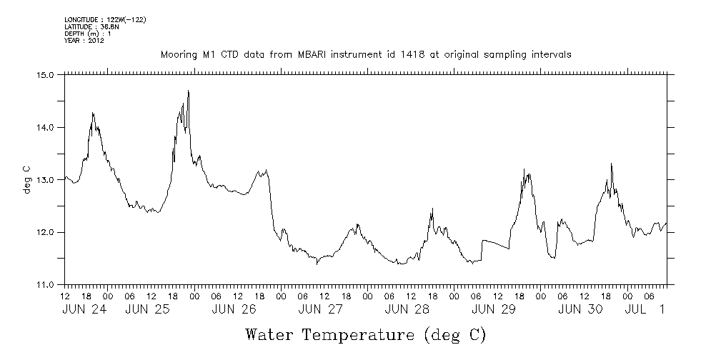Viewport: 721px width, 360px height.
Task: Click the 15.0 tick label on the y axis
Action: pyautogui.click(x=46, y=74)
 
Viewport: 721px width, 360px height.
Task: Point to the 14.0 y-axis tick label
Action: pyautogui.click(x=46, y=127)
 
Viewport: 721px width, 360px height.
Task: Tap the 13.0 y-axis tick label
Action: pyautogui.click(x=46, y=180)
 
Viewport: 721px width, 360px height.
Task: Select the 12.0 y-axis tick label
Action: pyautogui.click(x=46, y=233)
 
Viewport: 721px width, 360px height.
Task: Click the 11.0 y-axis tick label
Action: pyautogui.click(x=46, y=285)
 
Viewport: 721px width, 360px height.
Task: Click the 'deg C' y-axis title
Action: pyautogui.click(x=27, y=180)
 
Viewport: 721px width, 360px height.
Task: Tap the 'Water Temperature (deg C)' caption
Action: pyautogui.click(x=365, y=334)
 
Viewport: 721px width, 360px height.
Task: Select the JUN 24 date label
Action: pyautogui.click(x=86, y=310)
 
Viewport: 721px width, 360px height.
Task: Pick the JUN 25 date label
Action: pyautogui.click(x=148, y=310)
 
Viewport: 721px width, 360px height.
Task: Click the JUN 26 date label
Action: pyautogui.click(x=234, y=310)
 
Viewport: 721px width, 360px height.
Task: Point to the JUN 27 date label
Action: pyautogui.click(x=321, y=310)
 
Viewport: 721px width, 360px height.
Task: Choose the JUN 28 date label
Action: pyautogui.click(x=407, y=310)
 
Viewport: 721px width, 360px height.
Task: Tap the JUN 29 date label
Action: pyautogui.click(x=494, y=310)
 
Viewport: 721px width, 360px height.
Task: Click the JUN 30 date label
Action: pyautogui.click(x=580, y=310)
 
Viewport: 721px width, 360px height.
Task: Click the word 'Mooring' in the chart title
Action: pyautogui.click(x=178, y=55)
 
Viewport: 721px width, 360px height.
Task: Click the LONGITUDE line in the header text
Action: pyautogui.click(x=105, y=19)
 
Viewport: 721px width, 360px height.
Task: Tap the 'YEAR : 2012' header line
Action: pyautogui.click(x=84, y=41)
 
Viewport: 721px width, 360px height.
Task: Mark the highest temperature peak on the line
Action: pyautogui.click(x=188, y=91)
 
